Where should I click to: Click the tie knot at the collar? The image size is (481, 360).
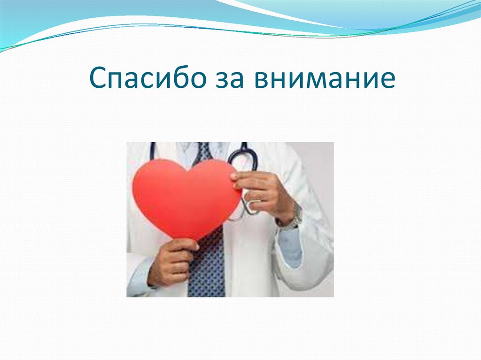coord(205,152)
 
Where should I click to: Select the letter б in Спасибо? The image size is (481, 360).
coord(183,79)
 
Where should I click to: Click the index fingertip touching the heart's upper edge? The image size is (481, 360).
coord(233,176)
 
